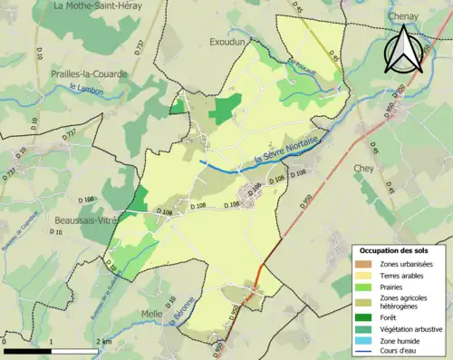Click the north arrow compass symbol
(405, 50)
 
